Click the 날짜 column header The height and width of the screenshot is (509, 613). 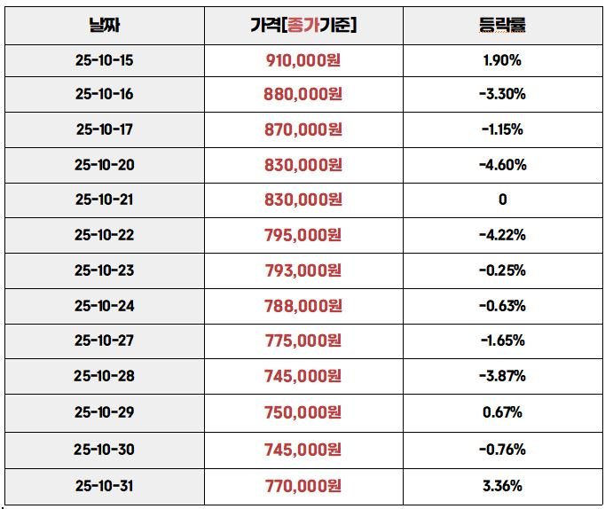pos(105,26)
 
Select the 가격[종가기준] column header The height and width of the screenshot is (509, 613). pos(303,26)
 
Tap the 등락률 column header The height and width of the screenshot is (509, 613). pos(502,26)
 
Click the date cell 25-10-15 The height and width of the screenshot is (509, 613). pos(104,61)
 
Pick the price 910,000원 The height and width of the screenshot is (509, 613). pos(303,61)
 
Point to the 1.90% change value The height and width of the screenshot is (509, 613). pos(502,61)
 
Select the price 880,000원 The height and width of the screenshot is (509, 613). pos(303,95)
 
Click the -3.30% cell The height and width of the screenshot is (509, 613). pos(502,95)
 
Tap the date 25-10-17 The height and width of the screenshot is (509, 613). pos(104,129)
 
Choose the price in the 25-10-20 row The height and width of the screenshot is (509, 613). pos(303,165)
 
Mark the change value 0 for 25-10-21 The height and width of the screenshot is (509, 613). pos(502,200)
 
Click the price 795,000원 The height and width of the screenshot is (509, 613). pos(303,235)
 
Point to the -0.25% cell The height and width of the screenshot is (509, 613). pos(502,270)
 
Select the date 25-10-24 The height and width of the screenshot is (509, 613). pos(104,306)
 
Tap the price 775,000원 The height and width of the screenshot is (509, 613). pos(303,341)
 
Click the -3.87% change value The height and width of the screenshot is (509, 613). pos(502,376)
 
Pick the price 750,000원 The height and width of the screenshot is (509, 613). pos(303,412)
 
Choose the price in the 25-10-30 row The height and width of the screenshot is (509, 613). pos(303,450)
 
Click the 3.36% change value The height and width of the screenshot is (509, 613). pos(502,486)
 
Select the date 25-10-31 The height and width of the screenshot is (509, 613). pos(104,486)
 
